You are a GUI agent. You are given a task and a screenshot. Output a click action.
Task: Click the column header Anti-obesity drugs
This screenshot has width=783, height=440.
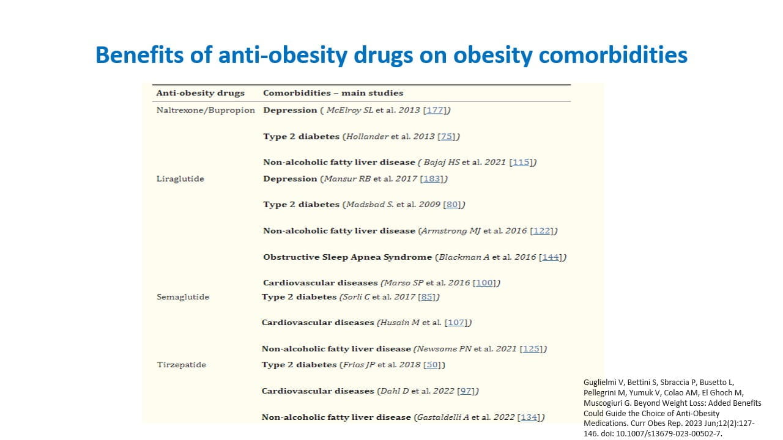tap(200, 93)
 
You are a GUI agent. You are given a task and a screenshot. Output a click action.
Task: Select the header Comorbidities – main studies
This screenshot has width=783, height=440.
tap(333, 93)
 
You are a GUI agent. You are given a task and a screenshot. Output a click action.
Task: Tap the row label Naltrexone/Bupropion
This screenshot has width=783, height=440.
tap(206, 110)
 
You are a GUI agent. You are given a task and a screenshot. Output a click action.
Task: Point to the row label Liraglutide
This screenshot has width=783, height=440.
tap(180, 179)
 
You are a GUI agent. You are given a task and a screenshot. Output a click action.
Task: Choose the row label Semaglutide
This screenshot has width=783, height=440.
tap(183, 297)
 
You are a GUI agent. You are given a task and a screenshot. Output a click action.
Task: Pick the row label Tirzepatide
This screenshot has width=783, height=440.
tap(182, 365)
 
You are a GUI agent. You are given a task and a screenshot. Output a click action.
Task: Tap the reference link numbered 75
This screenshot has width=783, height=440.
tap(447, 136)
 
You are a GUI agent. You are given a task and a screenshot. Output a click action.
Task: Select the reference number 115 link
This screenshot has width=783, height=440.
tap(521, 162)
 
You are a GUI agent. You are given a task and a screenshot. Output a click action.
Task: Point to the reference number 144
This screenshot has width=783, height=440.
tap(551, 257)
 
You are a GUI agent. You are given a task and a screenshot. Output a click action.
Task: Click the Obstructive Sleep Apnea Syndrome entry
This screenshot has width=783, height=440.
tap(347, 257)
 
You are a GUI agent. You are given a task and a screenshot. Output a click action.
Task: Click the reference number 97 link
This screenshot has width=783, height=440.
tap(467, 391)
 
